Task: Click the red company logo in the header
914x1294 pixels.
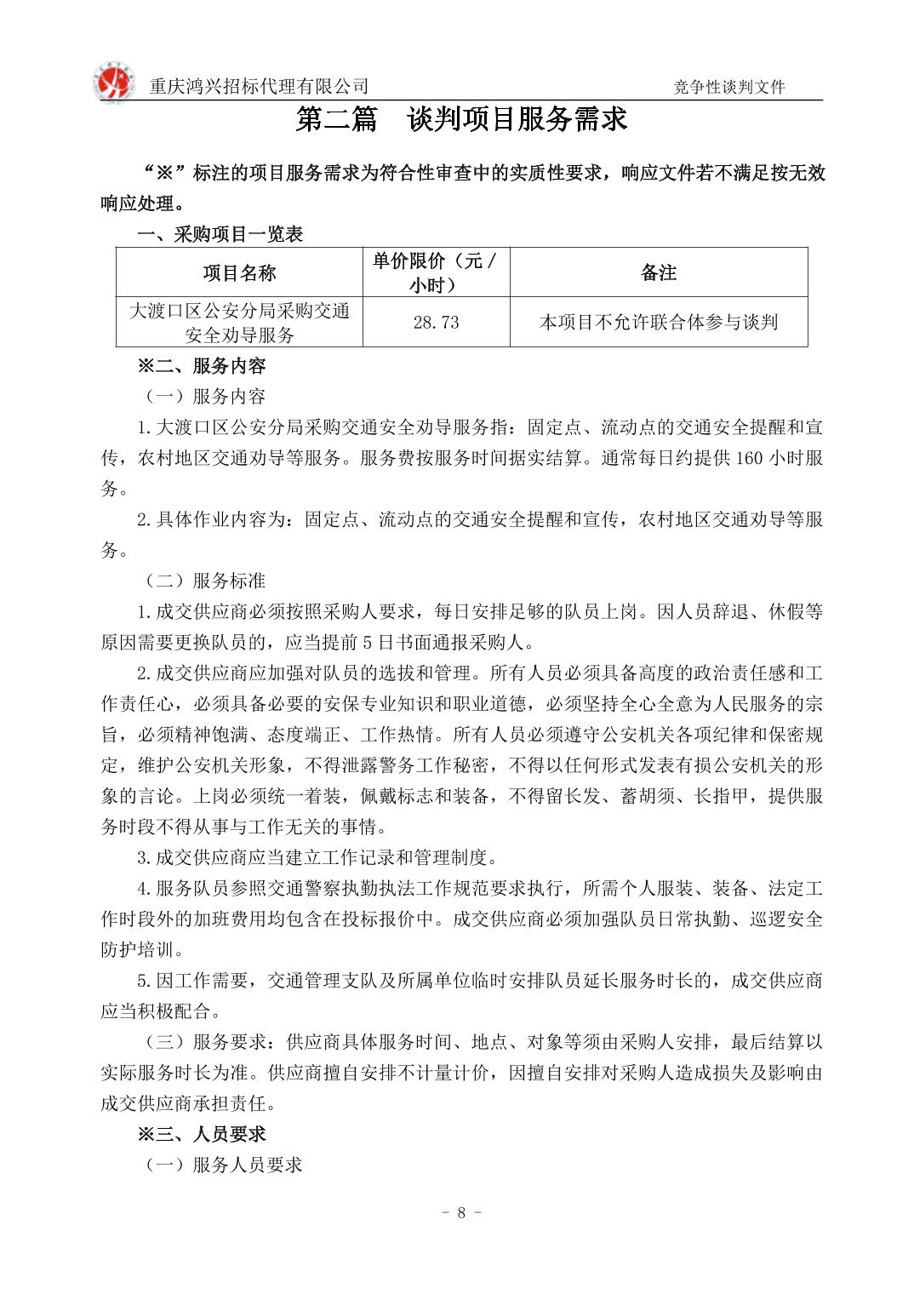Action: [x=113, y=83]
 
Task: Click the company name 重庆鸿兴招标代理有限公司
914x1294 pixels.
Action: [x=260, y=86]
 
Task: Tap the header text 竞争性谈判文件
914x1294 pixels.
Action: [x=728, y=87]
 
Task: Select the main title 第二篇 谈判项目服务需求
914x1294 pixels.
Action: [x=461, y=120]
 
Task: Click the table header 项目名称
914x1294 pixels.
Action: [x=239, y=273]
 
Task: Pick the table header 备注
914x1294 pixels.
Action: [x=658, y=273]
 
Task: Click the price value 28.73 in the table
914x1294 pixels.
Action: [x=436, y=323]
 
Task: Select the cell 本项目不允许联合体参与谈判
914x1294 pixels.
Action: [x=658, y=323]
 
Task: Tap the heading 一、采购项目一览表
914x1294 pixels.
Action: [x=220, y=234]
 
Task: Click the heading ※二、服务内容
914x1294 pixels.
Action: [x=203, y=367]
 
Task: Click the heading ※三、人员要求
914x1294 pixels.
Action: [x=203, y=1135]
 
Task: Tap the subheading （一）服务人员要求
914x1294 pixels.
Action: [x=223, y=1165]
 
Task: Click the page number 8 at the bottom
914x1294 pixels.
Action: [x=461, y=1213]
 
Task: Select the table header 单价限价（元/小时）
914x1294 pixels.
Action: [x=436, y=273]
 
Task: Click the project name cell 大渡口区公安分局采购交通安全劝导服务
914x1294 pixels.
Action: [x=239, y=323]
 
